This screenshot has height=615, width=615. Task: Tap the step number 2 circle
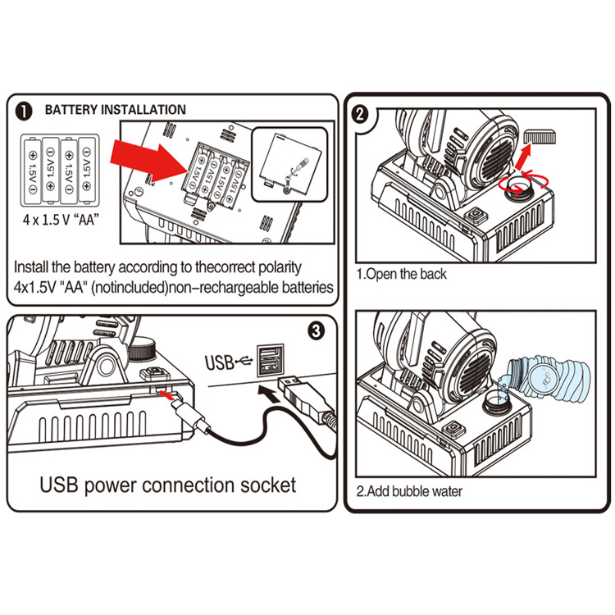coord(359,113)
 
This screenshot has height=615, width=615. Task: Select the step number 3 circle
coord(318,330)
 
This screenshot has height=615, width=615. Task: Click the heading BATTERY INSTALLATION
coord(115,110)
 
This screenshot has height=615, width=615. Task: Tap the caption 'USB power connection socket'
coord(168,485)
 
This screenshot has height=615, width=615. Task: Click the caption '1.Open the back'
coord(402,274)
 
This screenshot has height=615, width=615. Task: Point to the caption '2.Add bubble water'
coord(410,492)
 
